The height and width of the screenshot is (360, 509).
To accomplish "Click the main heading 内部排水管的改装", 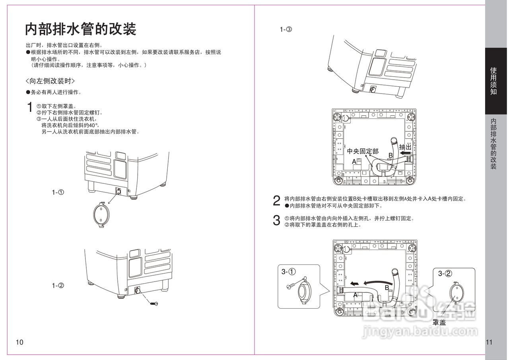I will (x=81, y=29).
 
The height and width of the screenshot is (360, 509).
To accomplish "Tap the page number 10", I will (x=20, y=342).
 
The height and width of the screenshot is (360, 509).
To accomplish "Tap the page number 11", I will (x=489, y=342).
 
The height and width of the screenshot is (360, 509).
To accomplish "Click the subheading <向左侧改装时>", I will (x=50, y=81).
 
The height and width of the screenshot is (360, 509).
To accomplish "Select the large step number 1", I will (x=29, y=107).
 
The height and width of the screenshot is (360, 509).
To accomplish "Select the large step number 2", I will (x=277, y=201).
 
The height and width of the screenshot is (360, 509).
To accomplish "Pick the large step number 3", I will (x=277, y=221).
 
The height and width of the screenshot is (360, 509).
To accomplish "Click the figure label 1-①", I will (x=58, y=192).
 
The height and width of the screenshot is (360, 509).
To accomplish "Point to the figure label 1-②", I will (x=58, y=286).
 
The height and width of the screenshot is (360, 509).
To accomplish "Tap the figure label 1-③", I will (x=286, y=29).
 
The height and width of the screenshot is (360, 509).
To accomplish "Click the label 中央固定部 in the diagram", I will (x=363, y=152).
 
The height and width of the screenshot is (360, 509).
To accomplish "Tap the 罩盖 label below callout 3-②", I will (x=439, y=322).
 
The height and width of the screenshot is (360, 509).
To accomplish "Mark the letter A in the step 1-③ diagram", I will (x=354, y=162).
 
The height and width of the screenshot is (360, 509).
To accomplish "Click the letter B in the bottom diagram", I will (x=387, y=288).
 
